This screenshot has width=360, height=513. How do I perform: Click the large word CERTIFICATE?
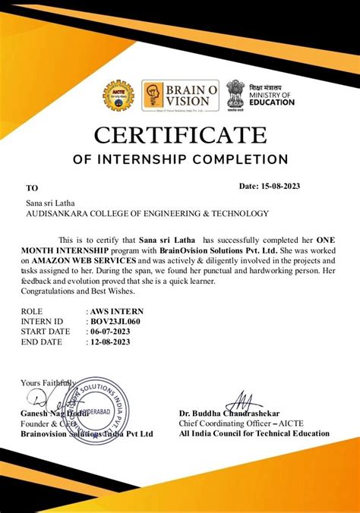pos(181,137)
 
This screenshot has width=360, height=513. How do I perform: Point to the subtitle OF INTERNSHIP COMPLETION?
pos(180,160)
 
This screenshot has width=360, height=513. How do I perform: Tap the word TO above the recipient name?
pos(31,187)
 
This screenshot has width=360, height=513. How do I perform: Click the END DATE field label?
pos(43,342)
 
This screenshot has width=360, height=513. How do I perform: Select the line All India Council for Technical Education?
pos(254,434)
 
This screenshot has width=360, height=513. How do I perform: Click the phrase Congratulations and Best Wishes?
pos(77,291)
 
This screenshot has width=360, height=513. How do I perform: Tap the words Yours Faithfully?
pos(46,382)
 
